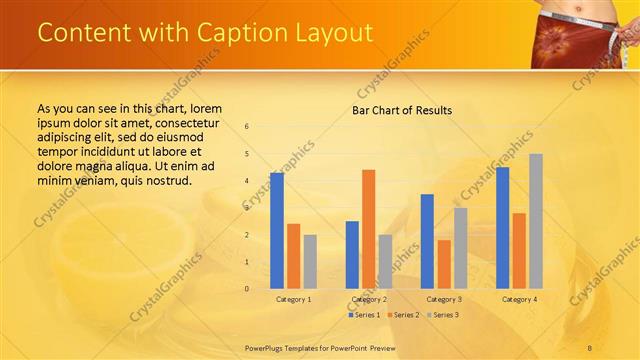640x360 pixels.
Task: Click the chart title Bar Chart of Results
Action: pos(401,110)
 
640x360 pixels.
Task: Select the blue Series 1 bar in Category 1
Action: pos(277,231)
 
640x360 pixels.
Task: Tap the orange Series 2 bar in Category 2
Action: pos(368,229)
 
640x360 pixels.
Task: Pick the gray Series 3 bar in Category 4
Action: pos(536,221)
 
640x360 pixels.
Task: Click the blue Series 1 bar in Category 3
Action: pos(427,241)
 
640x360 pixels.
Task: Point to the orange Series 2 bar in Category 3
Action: pos(444,264)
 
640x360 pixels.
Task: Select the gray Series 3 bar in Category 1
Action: pos(310,262)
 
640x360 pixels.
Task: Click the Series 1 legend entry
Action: pos(364,315)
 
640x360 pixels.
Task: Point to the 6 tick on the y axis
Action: pos(247,127)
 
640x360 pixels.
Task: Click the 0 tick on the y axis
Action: pos(247,289)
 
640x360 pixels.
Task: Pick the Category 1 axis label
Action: pos(293,299)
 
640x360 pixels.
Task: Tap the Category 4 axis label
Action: pos(519,299)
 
